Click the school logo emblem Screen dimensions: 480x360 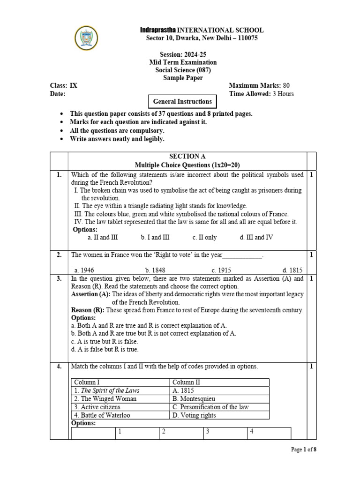[x=86, y=38]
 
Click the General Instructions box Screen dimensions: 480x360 [x=183, y=101]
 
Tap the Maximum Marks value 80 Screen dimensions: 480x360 [x=286, y=85]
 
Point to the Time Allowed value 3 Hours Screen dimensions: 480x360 [x=283, y=94]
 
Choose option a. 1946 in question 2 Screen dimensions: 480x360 [x=84, y=270]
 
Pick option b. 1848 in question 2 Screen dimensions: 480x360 [x=155, y=270]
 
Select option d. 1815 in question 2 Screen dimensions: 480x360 [x=292, y=270]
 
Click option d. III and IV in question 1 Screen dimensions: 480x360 [x=256, y=237]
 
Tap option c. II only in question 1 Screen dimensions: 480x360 [x=204, y=237]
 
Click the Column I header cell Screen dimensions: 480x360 [x=87, y=382]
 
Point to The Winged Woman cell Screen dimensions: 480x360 [x=105, y=399]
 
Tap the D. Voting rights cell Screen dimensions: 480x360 [x=196, y=415]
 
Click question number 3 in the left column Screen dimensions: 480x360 [x=59, y=278]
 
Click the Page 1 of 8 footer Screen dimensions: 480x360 [x=304, y=450]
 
